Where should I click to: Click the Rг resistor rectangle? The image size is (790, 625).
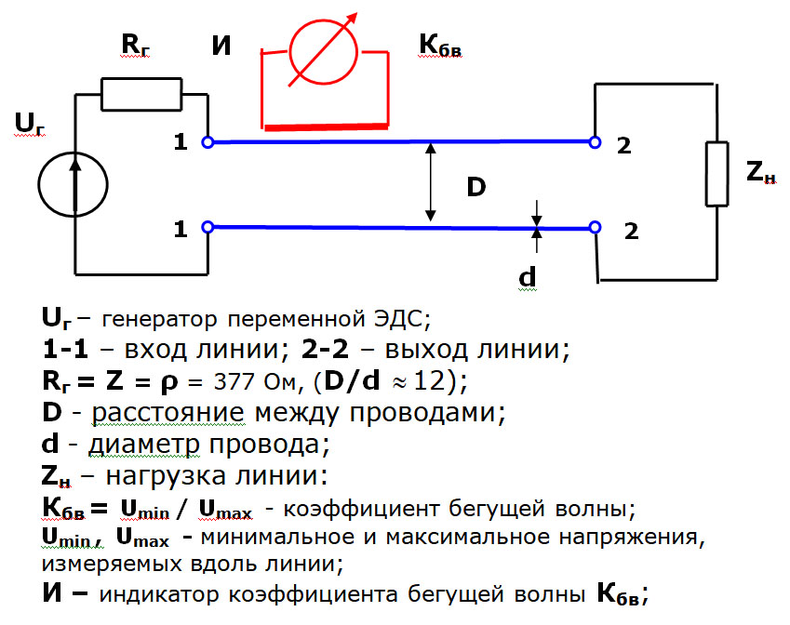point(141,93)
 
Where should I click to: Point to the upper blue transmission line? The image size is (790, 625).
point(400,142)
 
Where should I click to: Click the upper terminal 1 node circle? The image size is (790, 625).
point(208,142)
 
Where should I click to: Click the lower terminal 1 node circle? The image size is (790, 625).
point(208,227)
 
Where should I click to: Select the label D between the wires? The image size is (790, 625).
point(475,186)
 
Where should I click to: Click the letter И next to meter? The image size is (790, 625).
point(221,45)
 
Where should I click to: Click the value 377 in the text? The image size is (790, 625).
point(241,381)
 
